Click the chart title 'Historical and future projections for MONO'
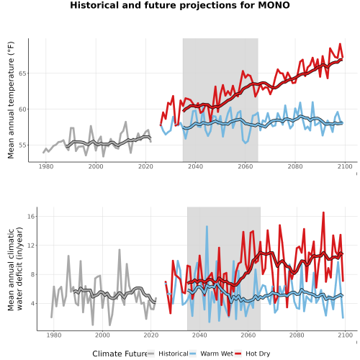[180, 5]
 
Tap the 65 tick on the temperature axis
[22, 73]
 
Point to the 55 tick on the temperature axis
[22, 145]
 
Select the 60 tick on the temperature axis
[22, 109]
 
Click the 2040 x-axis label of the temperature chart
[195, 166]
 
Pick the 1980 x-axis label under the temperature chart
[46, 166]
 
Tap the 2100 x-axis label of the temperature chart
[345, 166]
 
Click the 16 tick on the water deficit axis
[31, 216]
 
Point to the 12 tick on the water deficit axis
[31, 246]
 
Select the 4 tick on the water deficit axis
[33, 303]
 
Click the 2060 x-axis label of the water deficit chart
[248, 335]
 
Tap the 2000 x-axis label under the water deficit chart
[102, 335]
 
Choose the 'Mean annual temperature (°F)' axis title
[11, 100]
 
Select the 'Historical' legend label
[174, 354]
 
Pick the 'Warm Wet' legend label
[217, 354]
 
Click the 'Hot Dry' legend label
[258, 354]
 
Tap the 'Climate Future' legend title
[120, 354]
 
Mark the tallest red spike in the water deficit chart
[323, 212]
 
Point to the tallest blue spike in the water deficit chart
[207, 226]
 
